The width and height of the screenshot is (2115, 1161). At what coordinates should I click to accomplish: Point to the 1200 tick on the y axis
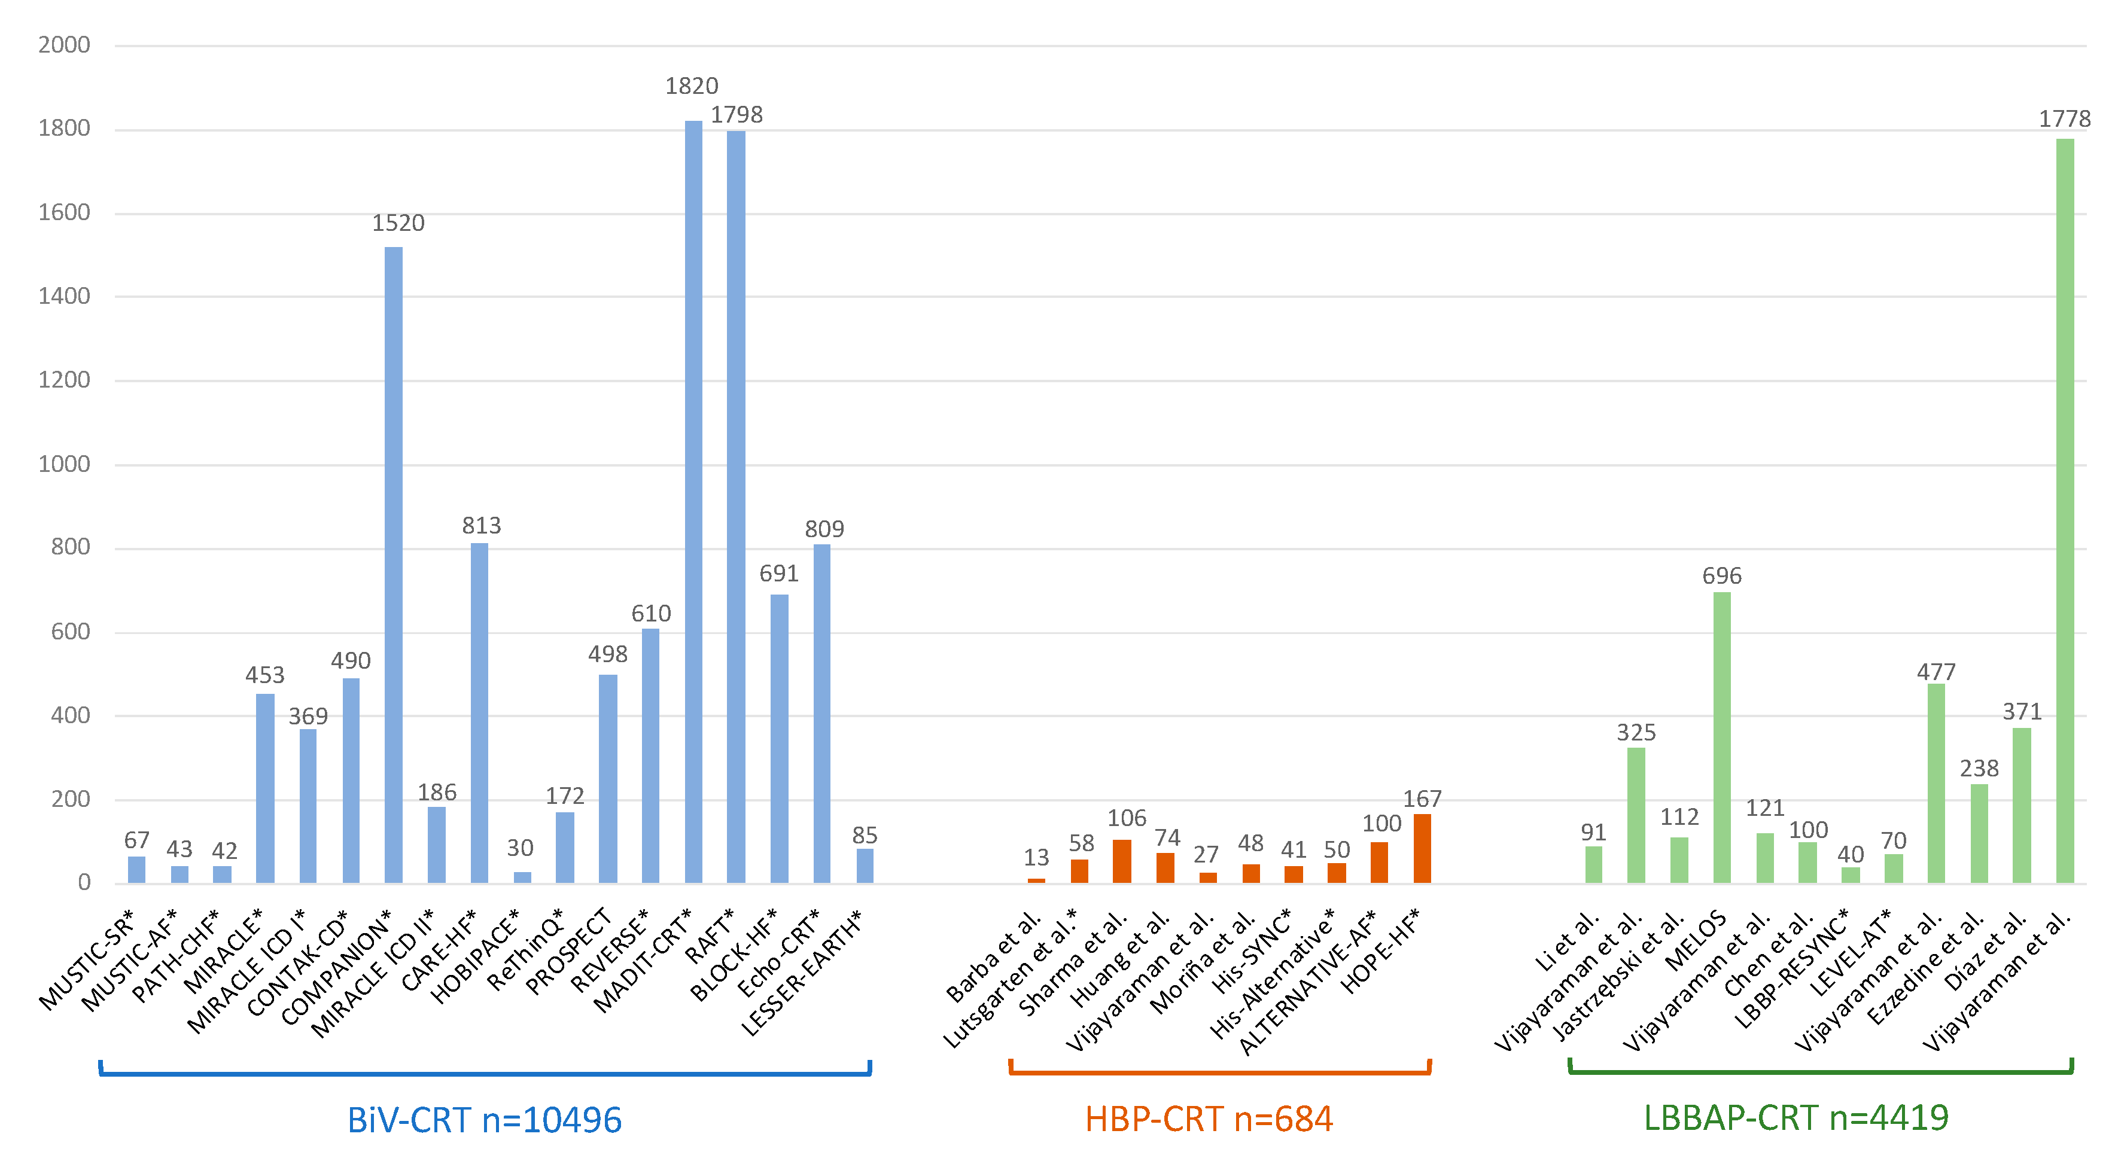pyautogui.click(x=64, y=380)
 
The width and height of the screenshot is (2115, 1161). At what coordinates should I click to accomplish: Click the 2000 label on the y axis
pyautogui.click(x=64, y=44)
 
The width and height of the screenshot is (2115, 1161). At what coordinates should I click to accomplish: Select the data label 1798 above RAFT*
pyautogui.click(x=737, y=115)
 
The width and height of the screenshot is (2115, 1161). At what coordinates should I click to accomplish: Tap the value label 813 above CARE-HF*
pyautogui.click(x=481, y=526)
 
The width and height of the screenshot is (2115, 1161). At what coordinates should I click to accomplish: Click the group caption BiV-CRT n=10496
pyautogui.click(x=485, y=1120)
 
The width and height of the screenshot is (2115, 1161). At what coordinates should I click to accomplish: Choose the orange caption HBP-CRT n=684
pyautogui.click(x=1209, y=1119)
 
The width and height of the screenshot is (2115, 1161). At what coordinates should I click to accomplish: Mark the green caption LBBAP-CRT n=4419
pyautogui.click(x=1796, y=1117)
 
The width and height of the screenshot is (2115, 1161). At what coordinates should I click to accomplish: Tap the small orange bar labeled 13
pyautogui.click(x=1036, y=880)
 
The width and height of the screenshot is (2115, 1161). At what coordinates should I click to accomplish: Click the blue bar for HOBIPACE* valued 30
pyautogui.click(x=522, y=877)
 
